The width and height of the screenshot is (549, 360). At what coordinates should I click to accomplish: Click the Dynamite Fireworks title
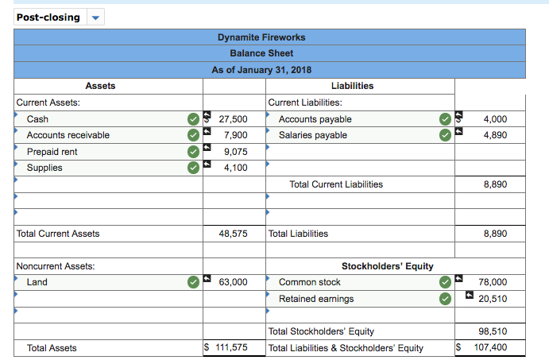[x=261, y=37]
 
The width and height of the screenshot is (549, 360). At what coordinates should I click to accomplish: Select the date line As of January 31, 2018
[x=261, y=70]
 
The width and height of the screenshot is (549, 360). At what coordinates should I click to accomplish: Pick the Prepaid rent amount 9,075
[x=237, y=152]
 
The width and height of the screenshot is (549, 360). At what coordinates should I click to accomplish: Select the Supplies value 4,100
[x=237, y=168]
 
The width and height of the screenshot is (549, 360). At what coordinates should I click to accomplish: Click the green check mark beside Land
[x=193, y=282]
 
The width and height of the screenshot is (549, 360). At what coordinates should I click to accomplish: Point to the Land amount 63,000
[x=234, y=282]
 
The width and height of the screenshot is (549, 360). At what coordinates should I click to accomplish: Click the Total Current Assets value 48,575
[x=234, y=234]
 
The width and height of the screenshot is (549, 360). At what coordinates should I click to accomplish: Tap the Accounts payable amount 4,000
[x=494, y=119]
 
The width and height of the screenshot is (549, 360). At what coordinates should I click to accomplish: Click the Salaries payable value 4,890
[x=494, y=135]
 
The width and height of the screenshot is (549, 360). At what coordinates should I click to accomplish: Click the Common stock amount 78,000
[x=493, y=282]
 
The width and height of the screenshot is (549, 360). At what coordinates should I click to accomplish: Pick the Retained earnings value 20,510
[x=493, y=299]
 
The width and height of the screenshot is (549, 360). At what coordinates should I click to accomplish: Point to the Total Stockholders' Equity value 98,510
[x=493, y=331]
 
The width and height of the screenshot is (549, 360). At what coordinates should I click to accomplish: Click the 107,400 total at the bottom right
[x=491, y=348]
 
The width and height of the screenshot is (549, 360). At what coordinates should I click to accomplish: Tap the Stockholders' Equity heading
[x=387, y=266]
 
